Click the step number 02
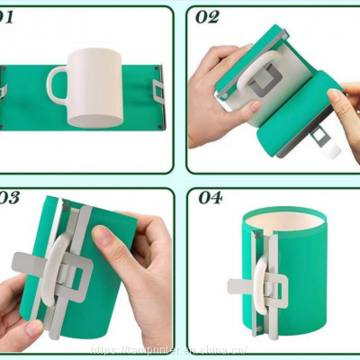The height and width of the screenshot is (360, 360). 207,17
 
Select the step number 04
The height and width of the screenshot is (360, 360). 210,198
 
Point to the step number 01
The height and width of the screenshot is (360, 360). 6,17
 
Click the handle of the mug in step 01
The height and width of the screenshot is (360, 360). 56,85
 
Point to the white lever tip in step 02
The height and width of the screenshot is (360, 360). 332,148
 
